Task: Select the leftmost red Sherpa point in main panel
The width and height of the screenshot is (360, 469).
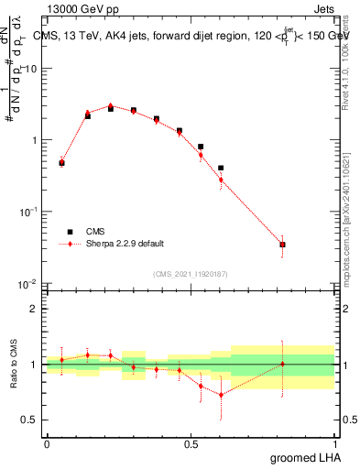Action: (61, 162)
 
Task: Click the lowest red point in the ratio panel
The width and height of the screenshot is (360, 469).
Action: (221, 395)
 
